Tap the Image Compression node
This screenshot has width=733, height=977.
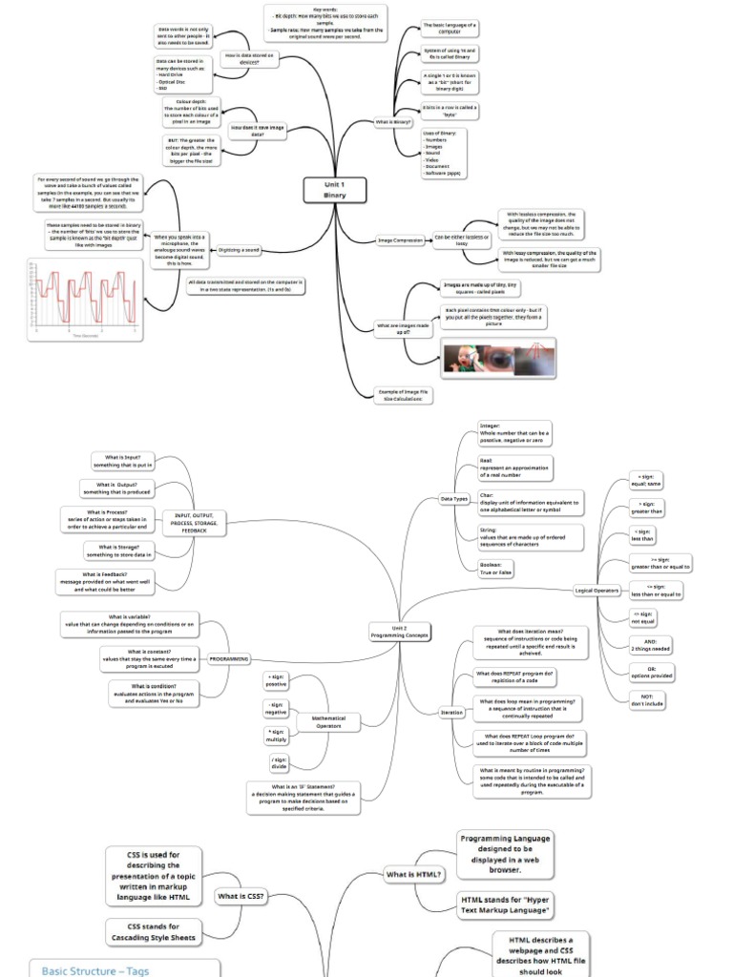pyautogui.click(x=401, y=240)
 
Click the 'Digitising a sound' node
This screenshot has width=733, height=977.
pyautogui.click(x=239, y=250)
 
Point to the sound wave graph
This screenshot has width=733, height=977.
pyautogui.click(x=84, y=299)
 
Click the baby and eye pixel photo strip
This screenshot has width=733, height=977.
pyautogui.click(x=499, y=359)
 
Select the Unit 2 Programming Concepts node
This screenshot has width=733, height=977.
pyautogui.click(x=401, y=632)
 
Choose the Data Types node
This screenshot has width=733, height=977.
pyautogui.click(x=453, y=499)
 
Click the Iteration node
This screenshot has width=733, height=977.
pyautogui.click(x=452, y=713)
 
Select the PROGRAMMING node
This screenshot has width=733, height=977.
pyautogui.click(x=229, y=658)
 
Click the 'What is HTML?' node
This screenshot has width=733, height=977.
pyautogui.click(x=413, y=874)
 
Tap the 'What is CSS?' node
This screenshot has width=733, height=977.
pyautogui.click(x=241, y=897)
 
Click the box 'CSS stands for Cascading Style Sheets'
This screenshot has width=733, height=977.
pyautogui.click(x=153, y=932)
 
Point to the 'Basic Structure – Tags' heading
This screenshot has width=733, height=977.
pyautogui.click(x=95, y=969)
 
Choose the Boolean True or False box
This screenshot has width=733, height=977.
pyautogui.click(x=497, y=569)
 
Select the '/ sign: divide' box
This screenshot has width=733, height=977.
pyautogui.click(x=279, y=762)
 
